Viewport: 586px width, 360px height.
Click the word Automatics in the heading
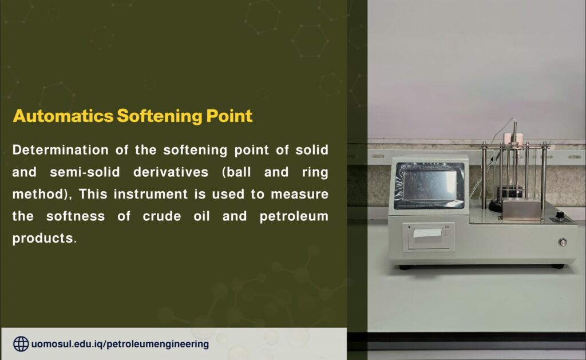(63, 116)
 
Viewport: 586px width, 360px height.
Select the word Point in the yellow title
(229, 116)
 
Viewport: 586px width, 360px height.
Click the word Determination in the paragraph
(60, 150)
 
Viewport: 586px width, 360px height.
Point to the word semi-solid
(85, 172)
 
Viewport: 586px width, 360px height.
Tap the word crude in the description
(162, 216)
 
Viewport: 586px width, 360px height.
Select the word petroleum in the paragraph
(294, 216)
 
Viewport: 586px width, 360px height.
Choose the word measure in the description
(299, 194)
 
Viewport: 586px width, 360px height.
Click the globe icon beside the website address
(21, 344)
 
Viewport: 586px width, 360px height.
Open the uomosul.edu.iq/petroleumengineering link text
(120, 344)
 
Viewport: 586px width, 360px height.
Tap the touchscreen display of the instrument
(429, 185)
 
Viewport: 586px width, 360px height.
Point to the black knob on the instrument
(560, 215)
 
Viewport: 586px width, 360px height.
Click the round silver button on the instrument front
(563, 242)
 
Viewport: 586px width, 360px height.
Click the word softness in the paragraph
(76, 216)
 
